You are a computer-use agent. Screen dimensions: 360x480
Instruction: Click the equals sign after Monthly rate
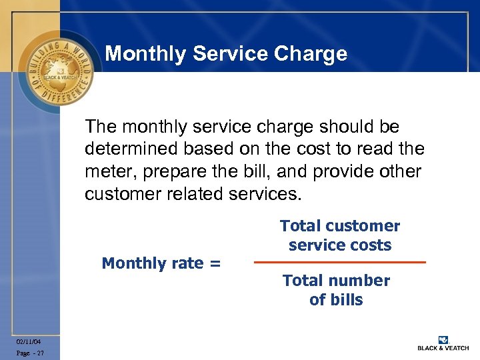tap(214, 264)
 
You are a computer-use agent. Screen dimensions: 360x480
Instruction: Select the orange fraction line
tap(339, 263)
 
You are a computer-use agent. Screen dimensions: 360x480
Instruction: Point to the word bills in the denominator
tap(346, 300)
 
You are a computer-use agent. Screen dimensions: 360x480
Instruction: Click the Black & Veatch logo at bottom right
tap(443, 343)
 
